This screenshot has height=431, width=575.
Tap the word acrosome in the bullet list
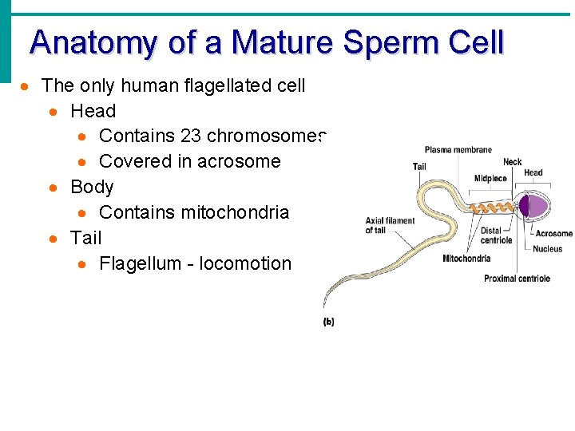coord(236,161)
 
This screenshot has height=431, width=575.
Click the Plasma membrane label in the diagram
coord(458,150)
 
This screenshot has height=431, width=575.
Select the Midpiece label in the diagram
coord(490,179)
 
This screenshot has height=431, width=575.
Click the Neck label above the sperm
coord(512,162)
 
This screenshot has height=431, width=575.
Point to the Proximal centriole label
coord(517,279)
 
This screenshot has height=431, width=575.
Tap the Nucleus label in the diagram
coord(548,249)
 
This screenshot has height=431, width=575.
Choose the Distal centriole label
coord(496,235)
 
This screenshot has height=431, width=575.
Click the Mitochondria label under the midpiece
coord(466,258)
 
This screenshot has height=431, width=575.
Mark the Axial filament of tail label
coord(390,226)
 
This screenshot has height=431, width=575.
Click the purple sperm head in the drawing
coord(533,206)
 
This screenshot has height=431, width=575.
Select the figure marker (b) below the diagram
coord(328,322)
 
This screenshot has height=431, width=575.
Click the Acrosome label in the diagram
coord(553,234)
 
